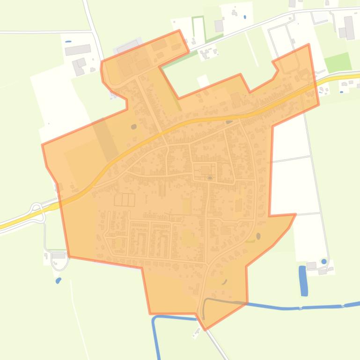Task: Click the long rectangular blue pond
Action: pos(304,281)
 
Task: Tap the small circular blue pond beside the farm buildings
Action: pos(323,261)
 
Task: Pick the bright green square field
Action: pos(338,62)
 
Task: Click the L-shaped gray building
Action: pos(79,66)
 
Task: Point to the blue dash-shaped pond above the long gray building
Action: pos(68,42)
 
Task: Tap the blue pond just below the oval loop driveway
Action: pos(58,281)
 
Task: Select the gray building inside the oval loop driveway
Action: pos(59,256)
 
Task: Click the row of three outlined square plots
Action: pos(125,200)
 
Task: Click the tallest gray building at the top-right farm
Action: pos(349,28)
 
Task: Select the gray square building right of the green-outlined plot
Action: pos(219,25)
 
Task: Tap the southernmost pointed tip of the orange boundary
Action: pos(205,329)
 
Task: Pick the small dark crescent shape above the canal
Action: pos(224,282)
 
